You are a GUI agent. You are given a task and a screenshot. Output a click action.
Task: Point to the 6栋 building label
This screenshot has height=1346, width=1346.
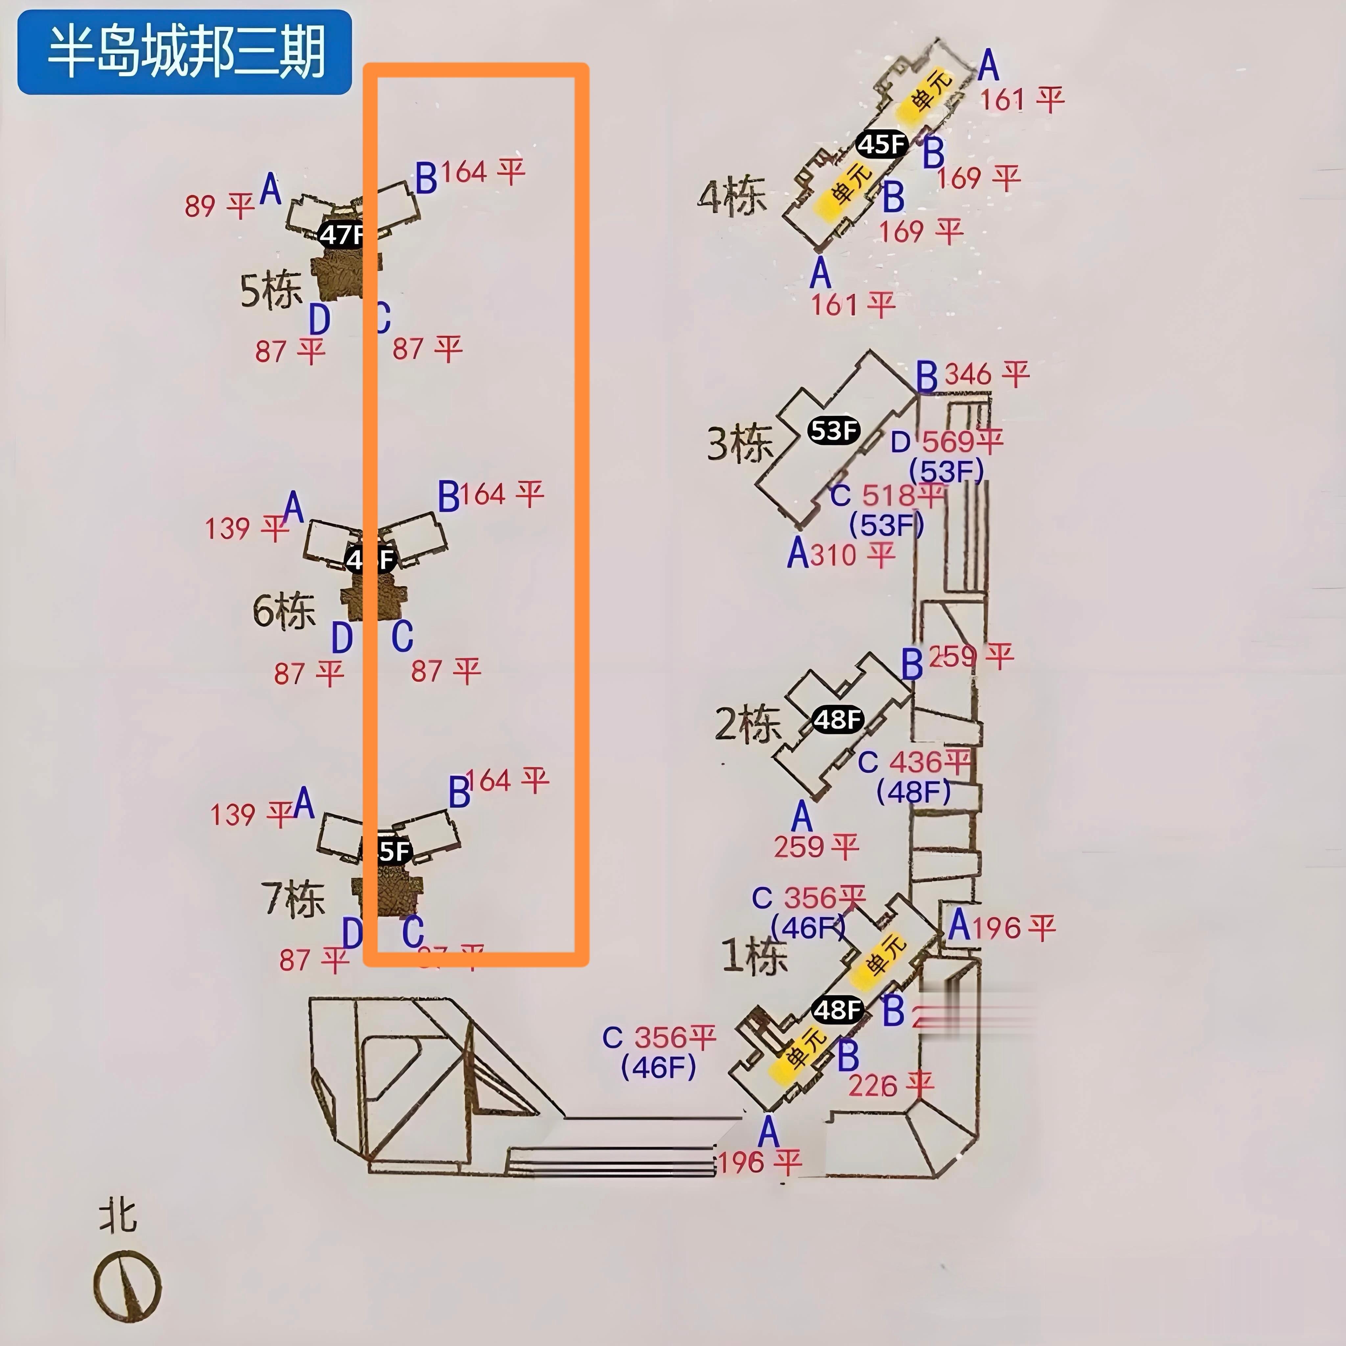284,611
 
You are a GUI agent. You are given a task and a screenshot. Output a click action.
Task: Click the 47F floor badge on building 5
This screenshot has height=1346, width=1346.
341,235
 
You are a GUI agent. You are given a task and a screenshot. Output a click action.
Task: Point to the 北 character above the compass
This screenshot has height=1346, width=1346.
117,1216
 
